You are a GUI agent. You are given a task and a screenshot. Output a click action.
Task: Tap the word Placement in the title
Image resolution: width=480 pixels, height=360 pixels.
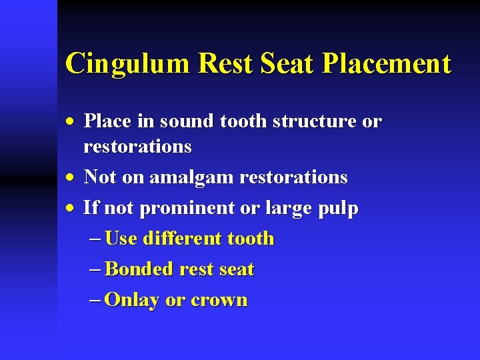coord(386,64)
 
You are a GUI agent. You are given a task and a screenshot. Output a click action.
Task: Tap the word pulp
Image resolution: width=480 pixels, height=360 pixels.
coord(338,209)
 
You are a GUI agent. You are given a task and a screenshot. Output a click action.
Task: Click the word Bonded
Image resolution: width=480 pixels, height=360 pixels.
coord(139,269)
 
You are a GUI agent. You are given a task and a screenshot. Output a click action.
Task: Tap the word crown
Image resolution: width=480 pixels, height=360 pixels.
coord(219,301)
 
